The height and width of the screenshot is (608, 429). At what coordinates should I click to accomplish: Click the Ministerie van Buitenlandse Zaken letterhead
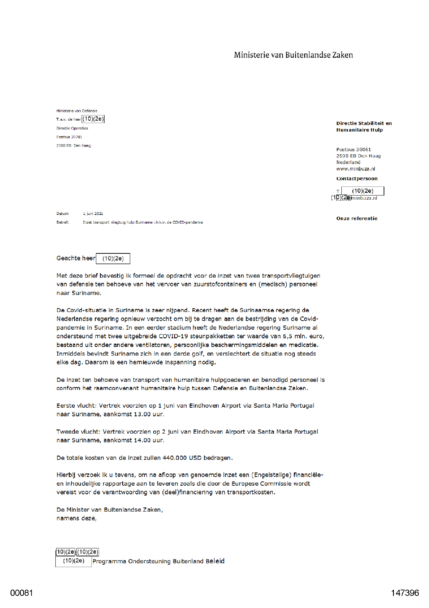click(x=293, y=55)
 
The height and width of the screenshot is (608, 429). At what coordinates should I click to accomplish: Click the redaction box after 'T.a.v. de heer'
click(x=93, y=119)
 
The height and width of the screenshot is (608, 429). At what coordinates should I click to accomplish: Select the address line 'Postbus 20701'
click(x=69, y=137)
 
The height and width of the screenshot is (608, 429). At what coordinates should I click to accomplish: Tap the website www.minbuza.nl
click(x=356, y=169)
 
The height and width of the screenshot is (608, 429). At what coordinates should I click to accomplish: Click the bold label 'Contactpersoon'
click(x=357, y=179)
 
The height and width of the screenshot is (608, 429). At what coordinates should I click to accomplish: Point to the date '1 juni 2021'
click(x=93, y=214)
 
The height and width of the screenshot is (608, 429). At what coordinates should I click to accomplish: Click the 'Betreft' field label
click(x=62, y=222)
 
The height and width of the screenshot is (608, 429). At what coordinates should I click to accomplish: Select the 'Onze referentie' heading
click(x=357, y=218)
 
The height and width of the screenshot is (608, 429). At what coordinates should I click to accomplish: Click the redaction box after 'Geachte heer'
click(x=113, y=259)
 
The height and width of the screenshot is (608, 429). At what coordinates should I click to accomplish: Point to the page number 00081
click(x=21, y=593)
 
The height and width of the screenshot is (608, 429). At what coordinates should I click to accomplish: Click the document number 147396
click(x=405, y=593)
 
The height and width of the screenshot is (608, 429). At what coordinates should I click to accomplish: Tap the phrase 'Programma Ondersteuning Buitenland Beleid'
click(x=158, y=561)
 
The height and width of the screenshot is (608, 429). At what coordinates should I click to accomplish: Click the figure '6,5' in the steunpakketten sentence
click(x=288, y=336)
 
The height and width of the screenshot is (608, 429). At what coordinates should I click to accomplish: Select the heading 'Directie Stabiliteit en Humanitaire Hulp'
click(x=364, y=127)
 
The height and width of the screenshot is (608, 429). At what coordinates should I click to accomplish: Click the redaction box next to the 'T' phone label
click(x=363, y=191)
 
